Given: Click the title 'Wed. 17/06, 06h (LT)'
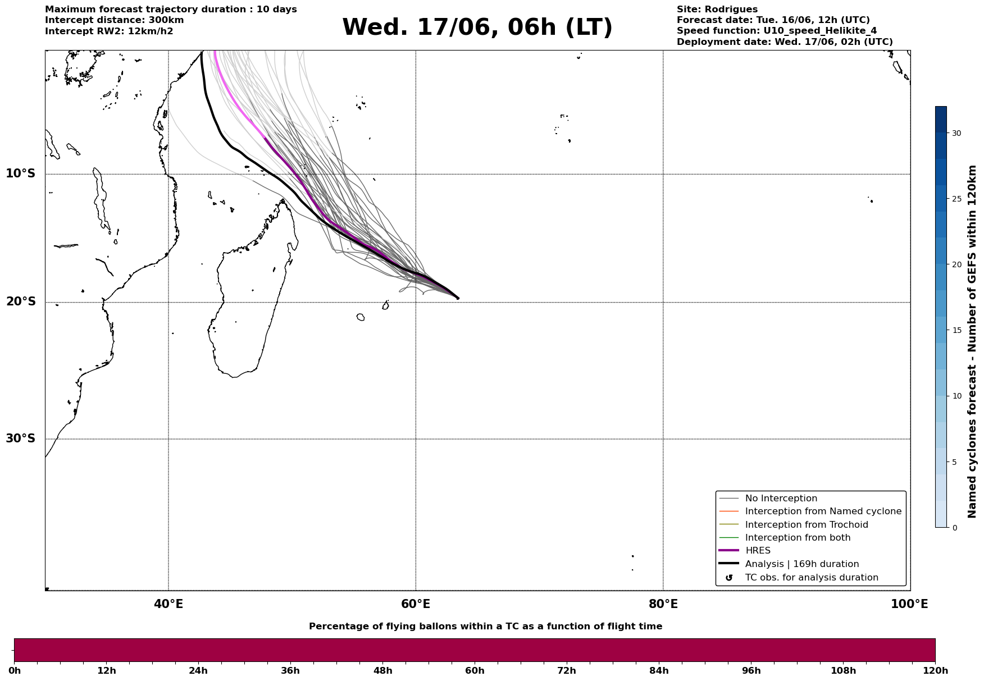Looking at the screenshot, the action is pos(477,28).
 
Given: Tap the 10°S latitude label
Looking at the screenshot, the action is pos(21,173).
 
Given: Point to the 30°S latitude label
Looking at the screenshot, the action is pos(21,438).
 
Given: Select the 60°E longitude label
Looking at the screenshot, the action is pos(416,604).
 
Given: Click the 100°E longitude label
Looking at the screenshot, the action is pos(909,604).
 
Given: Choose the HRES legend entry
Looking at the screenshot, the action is pos(758,551).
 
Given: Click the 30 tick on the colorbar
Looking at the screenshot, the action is pos(956,133).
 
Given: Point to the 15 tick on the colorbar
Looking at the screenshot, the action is pos(956,330).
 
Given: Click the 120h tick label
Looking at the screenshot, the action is pos(935,671).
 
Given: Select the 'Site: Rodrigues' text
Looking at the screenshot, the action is pos(717,10).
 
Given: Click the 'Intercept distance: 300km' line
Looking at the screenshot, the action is pos(115,20).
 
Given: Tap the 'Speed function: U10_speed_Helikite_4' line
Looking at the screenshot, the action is pos(777,31).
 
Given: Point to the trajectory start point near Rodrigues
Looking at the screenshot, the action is pos(458,298).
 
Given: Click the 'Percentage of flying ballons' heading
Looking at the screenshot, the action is pos(485,627).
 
